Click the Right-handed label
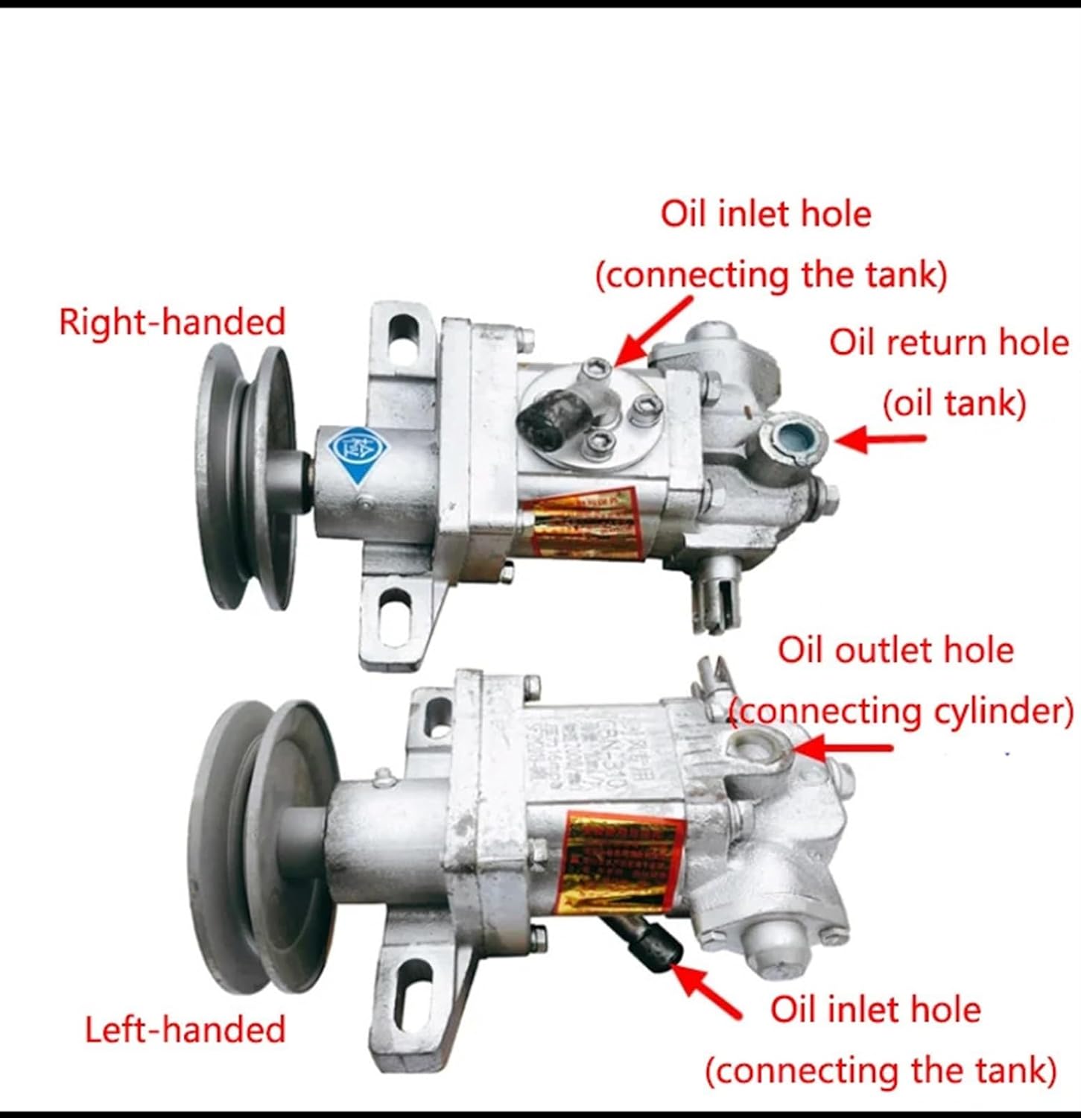pyautogui.click(x=172, y=323)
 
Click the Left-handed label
pyautogui.click(x=185, y=1030)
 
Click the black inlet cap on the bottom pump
pyautogui.click(x=655, y=947)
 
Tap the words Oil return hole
pyautogui.click(x=948, y=343)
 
